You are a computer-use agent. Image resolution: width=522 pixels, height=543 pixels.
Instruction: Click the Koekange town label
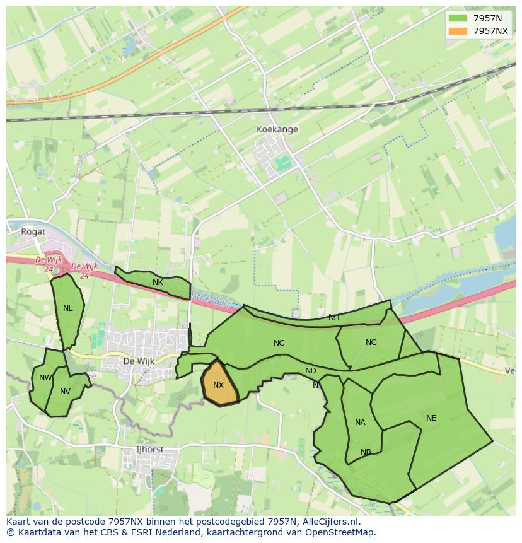pos(277,129)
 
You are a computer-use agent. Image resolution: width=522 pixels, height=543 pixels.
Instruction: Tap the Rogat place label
pos(33,231)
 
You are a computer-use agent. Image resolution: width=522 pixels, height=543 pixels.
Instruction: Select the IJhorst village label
pos(149,450)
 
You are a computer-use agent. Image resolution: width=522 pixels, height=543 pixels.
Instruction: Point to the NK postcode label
pos(158,283)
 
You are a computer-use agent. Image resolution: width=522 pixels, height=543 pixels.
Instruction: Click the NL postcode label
pos(67,308)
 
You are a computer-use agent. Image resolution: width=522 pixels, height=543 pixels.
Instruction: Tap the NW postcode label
pos(45,378)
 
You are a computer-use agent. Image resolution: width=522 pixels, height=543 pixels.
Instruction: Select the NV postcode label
pos(65,392)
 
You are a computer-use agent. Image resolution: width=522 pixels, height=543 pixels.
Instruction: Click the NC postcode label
pos(279,343)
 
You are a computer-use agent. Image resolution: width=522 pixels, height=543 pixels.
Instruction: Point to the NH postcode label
pos(333,317)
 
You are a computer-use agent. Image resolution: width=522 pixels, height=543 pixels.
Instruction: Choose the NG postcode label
pos(371,342)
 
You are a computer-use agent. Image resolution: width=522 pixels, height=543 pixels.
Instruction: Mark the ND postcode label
pos(310,371)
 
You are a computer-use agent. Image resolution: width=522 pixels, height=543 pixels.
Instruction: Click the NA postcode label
pos(360,423)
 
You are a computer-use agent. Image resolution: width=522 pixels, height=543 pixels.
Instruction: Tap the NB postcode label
pos(366,452)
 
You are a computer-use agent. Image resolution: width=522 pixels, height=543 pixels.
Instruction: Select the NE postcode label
pos(431,418)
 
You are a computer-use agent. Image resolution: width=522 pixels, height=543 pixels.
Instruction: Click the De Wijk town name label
pos(138,361)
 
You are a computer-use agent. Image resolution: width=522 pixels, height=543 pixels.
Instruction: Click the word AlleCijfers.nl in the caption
pos(330,522)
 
